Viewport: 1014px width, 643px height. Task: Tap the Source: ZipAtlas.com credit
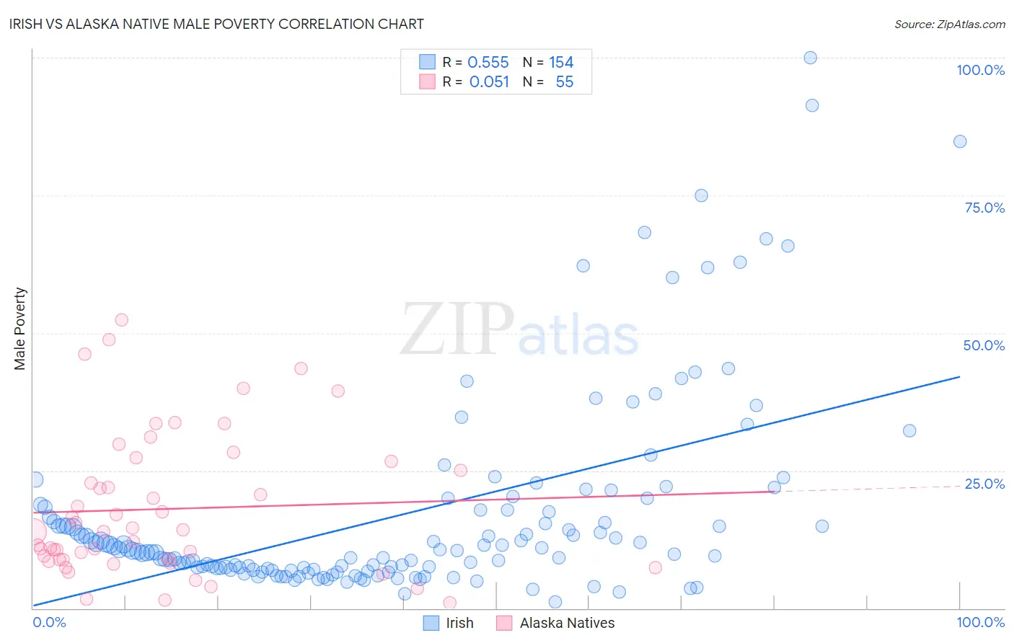tap(949, 24)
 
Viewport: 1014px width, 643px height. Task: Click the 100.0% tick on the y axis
tap(980, 70)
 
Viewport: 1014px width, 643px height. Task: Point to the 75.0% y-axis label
tap(984, 208)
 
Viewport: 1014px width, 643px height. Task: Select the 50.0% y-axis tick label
tap(984, 345)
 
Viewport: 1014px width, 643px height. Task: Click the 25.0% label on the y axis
tap(984, 484)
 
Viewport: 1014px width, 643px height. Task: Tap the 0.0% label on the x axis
tap(49, 622)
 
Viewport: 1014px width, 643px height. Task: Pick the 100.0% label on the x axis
tap(980, 622)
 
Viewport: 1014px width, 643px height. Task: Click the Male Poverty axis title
tap(19, 329)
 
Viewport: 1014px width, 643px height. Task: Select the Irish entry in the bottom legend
tap(459, 623)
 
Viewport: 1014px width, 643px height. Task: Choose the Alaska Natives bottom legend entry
tap(567, 623)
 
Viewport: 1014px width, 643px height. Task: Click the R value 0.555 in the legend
tap(488, 63)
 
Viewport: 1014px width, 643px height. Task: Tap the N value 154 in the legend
tap(561, 63)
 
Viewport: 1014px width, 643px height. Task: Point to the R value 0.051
tap(489, 82)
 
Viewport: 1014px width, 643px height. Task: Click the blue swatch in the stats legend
tap(428, 63)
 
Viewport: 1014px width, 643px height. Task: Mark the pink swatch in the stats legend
tap(428, 82)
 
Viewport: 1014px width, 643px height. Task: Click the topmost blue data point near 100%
tap(810, 58)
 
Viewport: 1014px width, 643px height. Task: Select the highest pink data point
tap(121, 320)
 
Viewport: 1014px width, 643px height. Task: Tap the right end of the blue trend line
tap(959, 376)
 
